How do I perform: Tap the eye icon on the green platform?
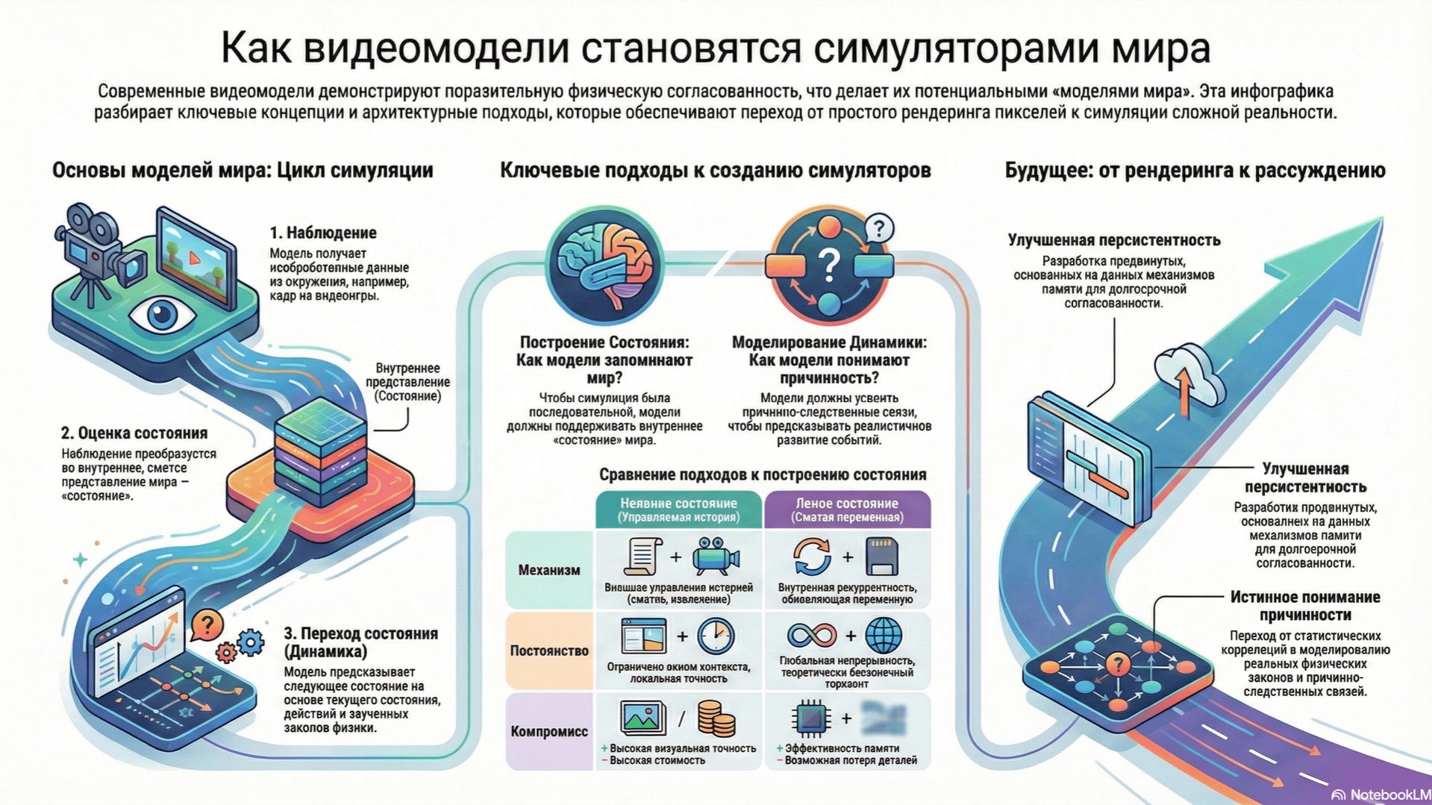[162, 313]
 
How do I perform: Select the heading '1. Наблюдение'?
[322, 233]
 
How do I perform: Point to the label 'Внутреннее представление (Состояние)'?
[407, 382]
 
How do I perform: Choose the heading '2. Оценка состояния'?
[134, 433]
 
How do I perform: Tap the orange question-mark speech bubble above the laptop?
[207, 624]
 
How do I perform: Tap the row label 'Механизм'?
[549, 570]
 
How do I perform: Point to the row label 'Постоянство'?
[549, 651]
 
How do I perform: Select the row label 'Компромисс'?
[549, 731]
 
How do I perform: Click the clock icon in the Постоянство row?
[716, 636]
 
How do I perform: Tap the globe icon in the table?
[884, 636]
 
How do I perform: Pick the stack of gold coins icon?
[716, 718]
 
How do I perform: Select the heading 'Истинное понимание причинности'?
[1304, 606]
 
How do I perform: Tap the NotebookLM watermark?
[1382, 795]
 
